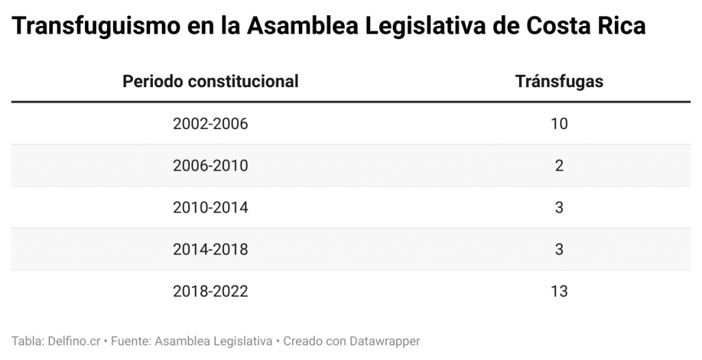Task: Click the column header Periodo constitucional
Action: (x=210, y=82)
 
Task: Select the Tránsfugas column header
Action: (x=559, y=82)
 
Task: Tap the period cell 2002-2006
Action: (x=210, y=124)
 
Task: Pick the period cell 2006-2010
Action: (x=210, y=166)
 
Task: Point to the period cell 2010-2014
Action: (x=210, y=208)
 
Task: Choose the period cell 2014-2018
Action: (x=210, y=250)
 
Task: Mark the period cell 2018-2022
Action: (x=210, y=291)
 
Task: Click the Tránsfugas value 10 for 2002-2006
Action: (x=559, y=124)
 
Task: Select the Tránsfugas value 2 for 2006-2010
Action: (x=559, y=166)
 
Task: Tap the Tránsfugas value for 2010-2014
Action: (x=559, y=208)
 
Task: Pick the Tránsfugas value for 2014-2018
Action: (x=559, y=250)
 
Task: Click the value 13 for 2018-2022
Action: (x=559, y=291)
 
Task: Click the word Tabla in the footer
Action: (x=25, y=341)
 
